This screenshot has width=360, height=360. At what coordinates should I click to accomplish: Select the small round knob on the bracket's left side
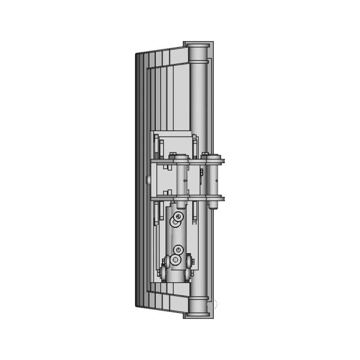pos(147,180)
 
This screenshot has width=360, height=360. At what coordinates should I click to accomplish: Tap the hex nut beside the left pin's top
pos(172,156)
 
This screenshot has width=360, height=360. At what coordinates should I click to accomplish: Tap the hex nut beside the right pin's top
pos(205,154)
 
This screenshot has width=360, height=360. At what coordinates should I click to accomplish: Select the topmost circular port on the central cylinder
pos(179,217)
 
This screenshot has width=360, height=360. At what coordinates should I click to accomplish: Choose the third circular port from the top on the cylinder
pos(179,250)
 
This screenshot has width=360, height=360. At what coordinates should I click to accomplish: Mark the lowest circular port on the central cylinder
pos(177,259)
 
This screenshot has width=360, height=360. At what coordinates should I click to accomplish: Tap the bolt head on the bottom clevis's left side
pos(164,262)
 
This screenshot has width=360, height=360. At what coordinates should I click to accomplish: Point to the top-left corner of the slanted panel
pos(137,54)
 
